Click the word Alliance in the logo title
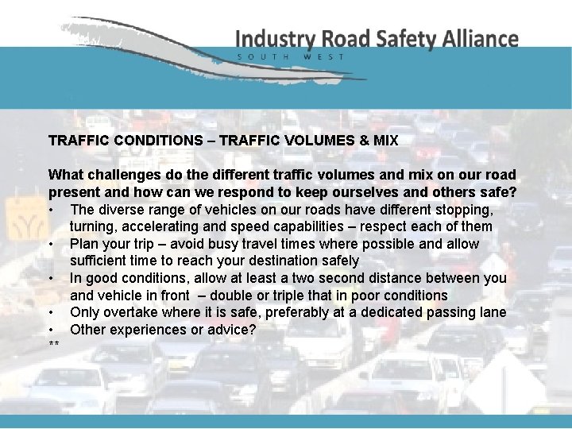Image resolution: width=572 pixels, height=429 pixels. coord(480,39)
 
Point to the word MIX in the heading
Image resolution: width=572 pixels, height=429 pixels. coord(385,141)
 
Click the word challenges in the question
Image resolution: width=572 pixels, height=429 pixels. coord(118,175)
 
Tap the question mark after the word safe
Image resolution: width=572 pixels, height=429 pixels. coord(512,191)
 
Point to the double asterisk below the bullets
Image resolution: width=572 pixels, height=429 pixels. coord(54,345)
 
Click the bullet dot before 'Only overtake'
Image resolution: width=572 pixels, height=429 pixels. coord(51,312)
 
